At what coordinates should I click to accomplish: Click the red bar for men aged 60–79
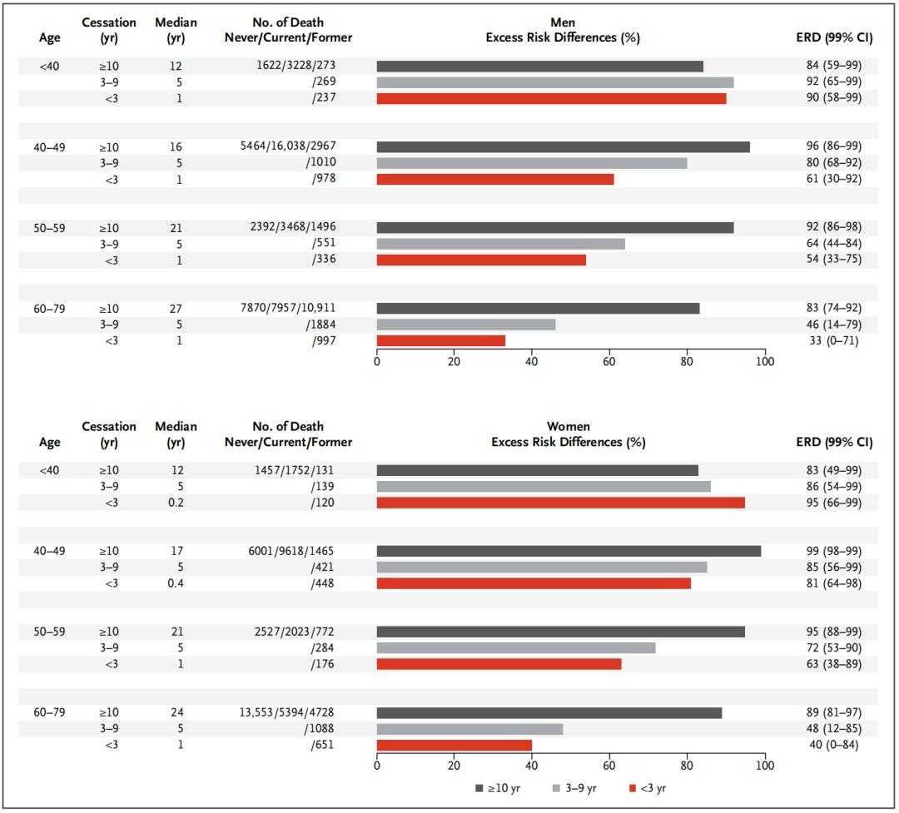(441, 340)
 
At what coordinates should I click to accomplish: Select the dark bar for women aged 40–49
(569, 551)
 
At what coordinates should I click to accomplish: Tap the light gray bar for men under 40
(555, 82)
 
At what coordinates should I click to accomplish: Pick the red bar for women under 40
(560, 503)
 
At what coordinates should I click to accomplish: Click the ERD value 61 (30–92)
(828, 179)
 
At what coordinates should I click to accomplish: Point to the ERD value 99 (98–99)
(828, 551)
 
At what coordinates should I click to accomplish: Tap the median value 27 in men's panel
(176, 308)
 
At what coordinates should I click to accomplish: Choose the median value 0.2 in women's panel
(176, 503)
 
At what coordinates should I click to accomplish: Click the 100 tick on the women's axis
(764, 766)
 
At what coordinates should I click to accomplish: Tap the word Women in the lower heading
(568, 426)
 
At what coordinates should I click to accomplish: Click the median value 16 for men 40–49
(176, 146)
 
